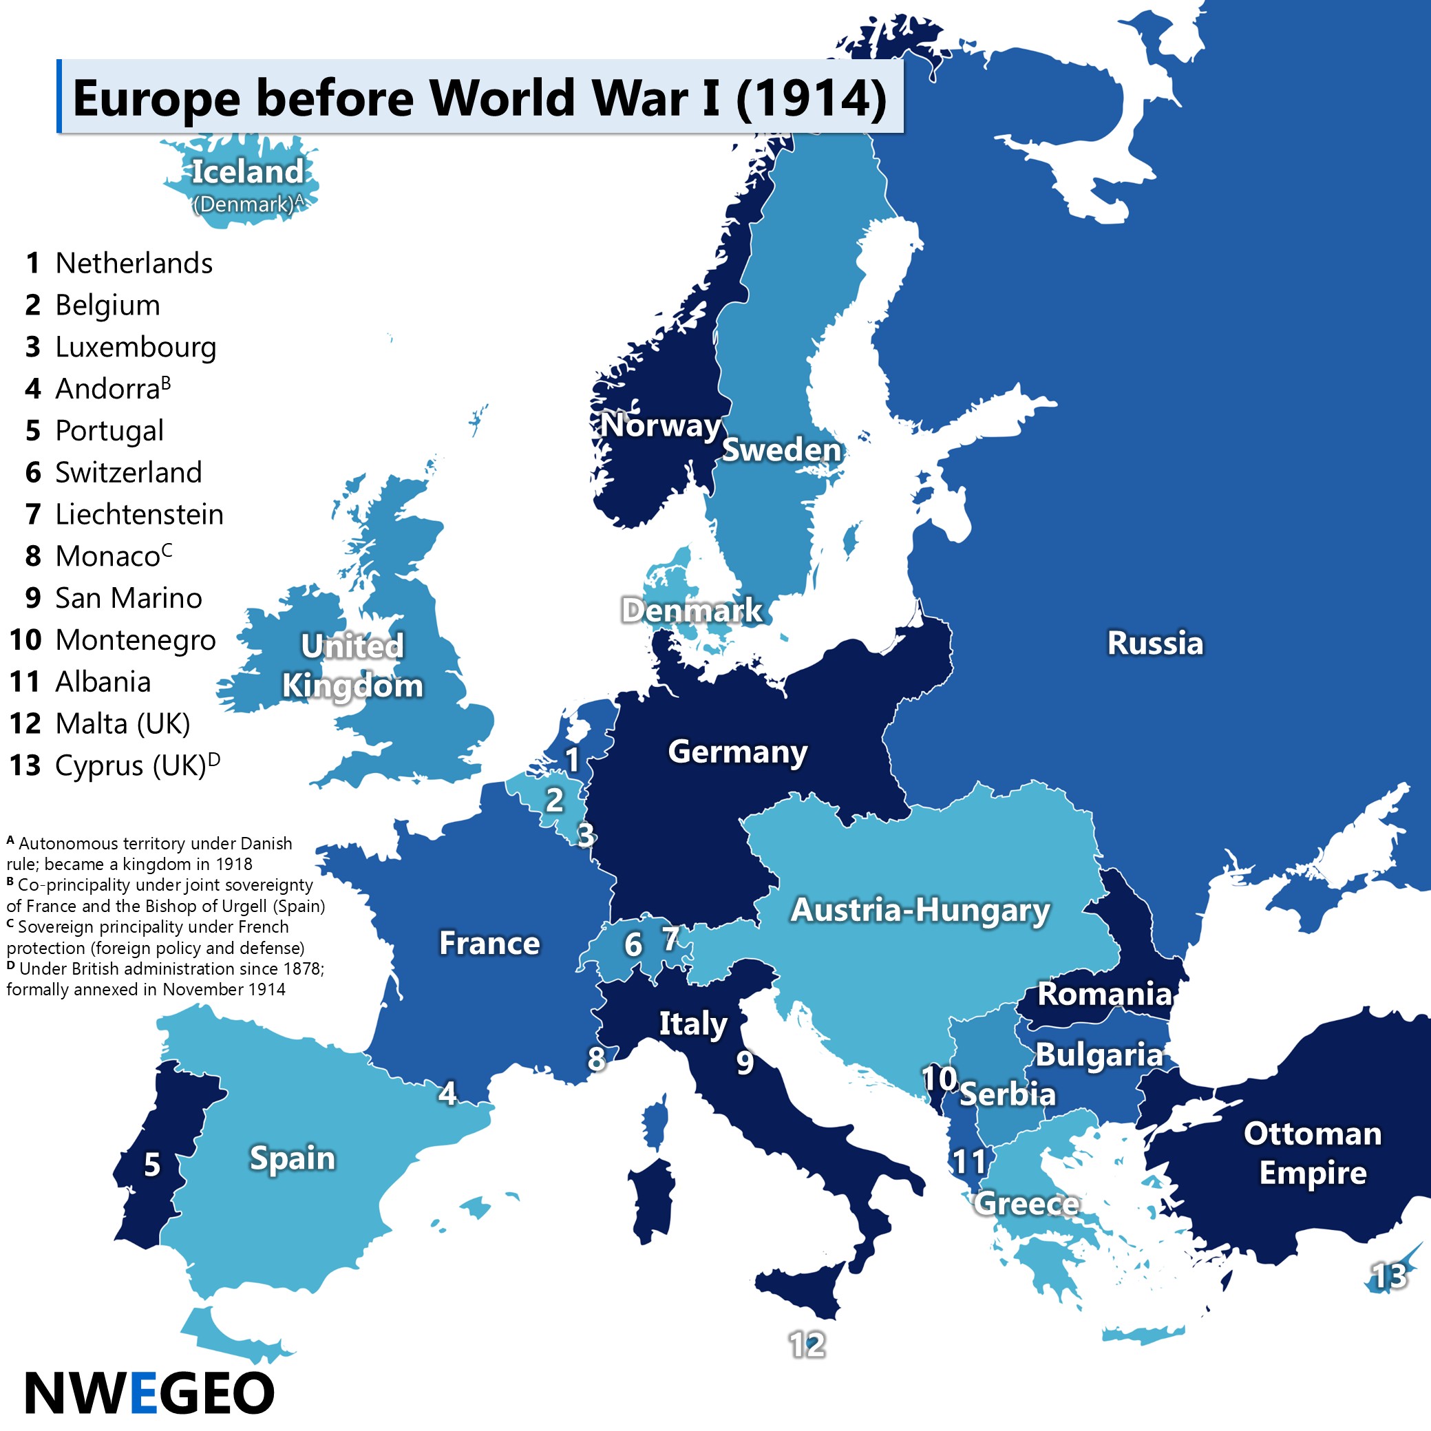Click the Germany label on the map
pyautogui.click(x=737, y=752)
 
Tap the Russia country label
pyautogui.click(x=1155, y=643)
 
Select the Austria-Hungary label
pyautogui.click(x=920, y=911)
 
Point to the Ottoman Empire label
pyautogui.click(x=1313, y=1153)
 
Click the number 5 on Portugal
pyautogui.click(x=152, y=1165)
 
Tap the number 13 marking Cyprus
pyautogui.click(x=1389, y=1276)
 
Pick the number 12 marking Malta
pyautogui.click(x=807, y=1344)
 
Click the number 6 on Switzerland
pyautogui.click(x=633, y=944)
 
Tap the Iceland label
pyautogui.click(x=247, y=172)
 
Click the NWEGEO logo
pyautogui.click(x=149, y=1392)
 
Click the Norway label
pyautogui.click(x=660, y=425)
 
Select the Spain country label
pyautogui.click(x=292, y=1158)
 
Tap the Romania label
pyautogui.click(x=1104, y=994)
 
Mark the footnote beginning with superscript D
pyautogui.click(x=165, y=979)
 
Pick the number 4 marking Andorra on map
pyautogui.click(x=447, y=1093)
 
